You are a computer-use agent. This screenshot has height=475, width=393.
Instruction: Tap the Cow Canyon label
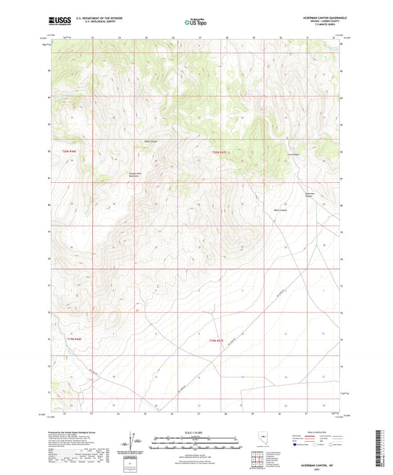tap(293, 154)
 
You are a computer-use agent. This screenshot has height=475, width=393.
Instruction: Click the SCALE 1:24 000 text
tap(195, 431)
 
